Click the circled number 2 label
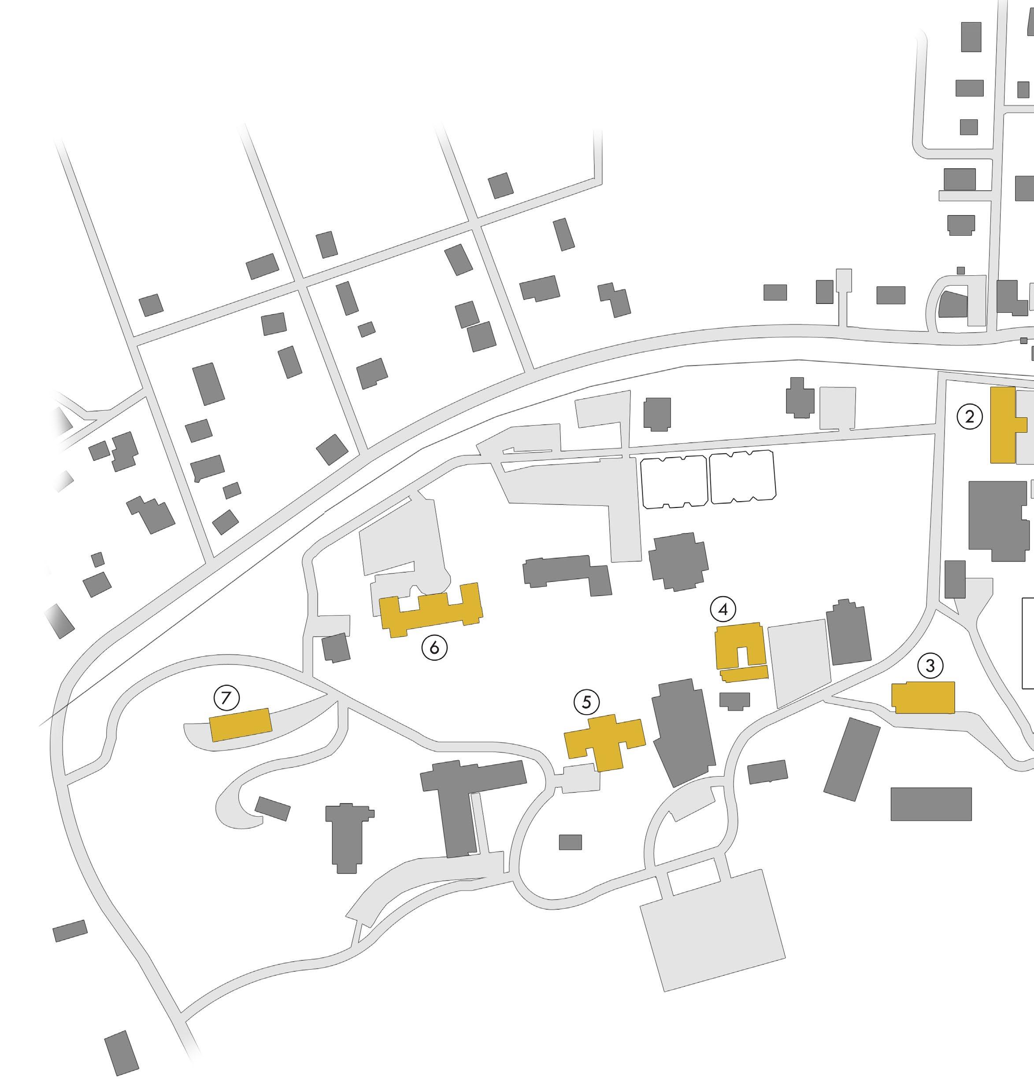coord(970,417)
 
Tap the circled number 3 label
coord(930,666)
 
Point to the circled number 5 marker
coord(586,702)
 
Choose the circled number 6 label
coord(434,648)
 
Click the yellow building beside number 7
coord(240,725)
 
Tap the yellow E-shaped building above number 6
coord(430,612)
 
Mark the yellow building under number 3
coord(923,698)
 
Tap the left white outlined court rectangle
coord(674,481)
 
